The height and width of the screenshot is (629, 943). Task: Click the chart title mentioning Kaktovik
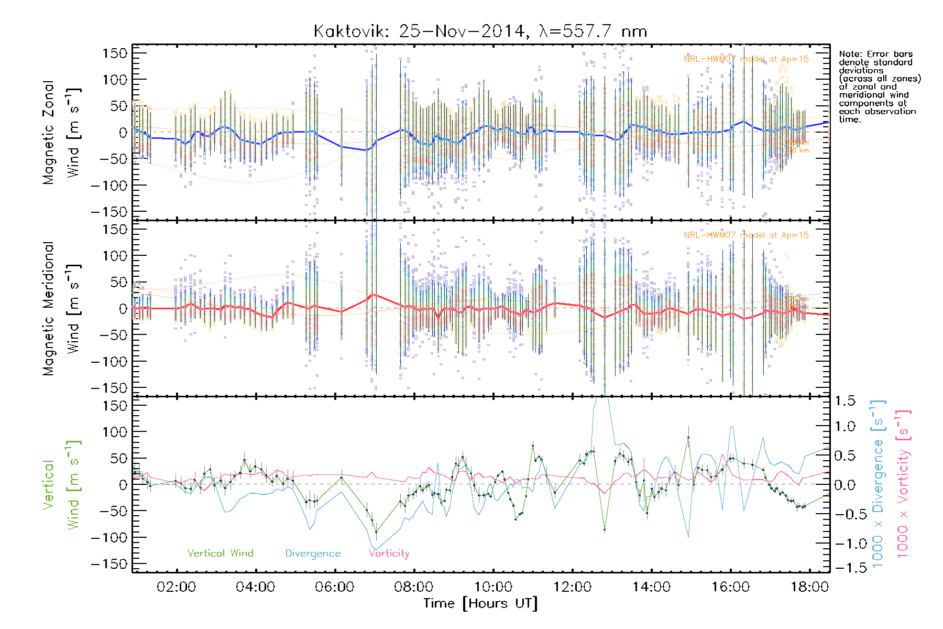(480, 31)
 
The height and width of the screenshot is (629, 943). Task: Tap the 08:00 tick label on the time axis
(414, 587)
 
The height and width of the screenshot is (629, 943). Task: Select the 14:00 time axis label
(651, 587)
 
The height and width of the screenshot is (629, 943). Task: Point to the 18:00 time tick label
(809, 587)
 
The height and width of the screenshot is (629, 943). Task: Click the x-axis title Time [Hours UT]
(480, 603)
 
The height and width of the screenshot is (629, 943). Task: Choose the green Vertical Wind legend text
(220, 553)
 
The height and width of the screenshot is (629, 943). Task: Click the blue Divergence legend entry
(313, 553)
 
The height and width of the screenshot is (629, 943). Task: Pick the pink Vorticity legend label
(389, 553)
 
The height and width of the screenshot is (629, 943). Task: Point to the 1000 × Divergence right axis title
(878, 484)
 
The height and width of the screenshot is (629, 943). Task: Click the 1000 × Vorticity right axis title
(903, 484)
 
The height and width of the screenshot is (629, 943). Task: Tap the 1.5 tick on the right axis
(845, 401)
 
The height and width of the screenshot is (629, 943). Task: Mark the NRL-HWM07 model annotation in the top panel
(746, 59)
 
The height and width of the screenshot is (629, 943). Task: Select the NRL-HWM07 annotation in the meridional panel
(746, 235)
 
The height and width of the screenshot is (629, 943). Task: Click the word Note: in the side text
(851, 54)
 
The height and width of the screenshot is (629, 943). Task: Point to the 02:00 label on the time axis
(177, 587)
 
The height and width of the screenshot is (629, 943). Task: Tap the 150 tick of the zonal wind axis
(115, 53)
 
